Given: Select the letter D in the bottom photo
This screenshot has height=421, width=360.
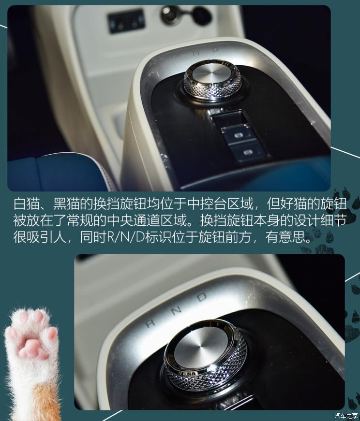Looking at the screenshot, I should point(202,297).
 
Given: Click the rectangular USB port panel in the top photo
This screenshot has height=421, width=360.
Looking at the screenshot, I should point(126,21).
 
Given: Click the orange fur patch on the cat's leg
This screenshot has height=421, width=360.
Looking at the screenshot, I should point(46,404).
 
